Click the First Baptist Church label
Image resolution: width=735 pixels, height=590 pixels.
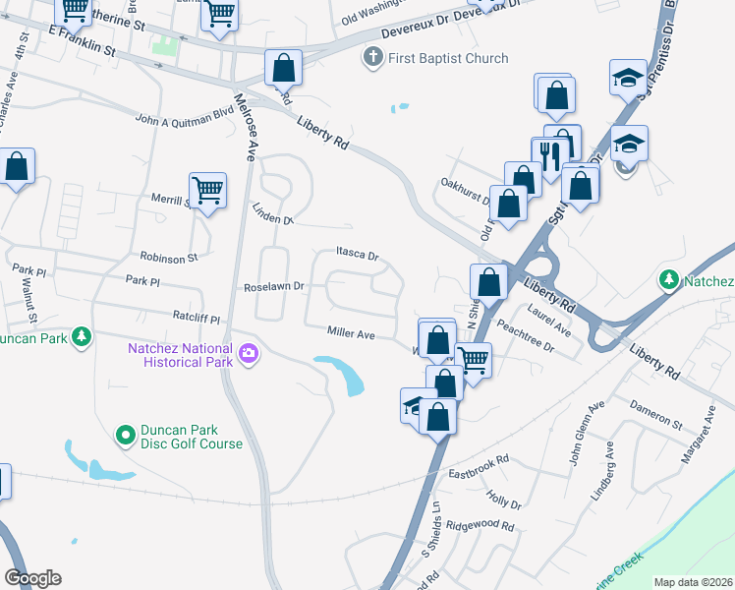pyautogui.click(x=448, y=58)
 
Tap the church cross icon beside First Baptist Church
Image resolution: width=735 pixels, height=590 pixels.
pyautogui.click(x=372, y=57)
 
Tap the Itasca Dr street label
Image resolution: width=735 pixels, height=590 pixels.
pyautogui.click(x=357, y=255)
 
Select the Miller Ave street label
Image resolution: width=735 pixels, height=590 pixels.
pyautogui.click(x=352, y=334)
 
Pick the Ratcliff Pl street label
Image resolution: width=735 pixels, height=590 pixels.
pyautogui.click(x=198, y=319)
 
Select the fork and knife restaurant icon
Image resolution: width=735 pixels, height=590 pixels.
pyautogui.click(x=549, y=155)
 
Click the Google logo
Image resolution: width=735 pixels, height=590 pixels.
pyautogui.click(x=32, y=578)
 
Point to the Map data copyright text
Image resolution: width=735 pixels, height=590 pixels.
pyautogui.click(x=692, y=582)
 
